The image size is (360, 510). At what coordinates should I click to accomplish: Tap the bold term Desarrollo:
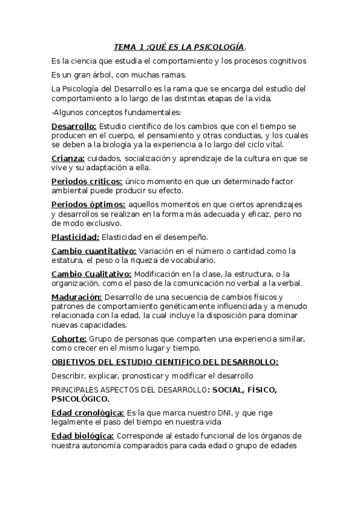pyautogui.click(x=74, y=126)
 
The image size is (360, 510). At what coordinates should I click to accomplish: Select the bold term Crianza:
pyautogui.click(x=68, y=158)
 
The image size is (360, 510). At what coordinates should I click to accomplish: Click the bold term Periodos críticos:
pyautogui.click(x=87, y=181)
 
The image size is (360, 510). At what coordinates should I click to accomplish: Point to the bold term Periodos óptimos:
pyautogui.click(x=88, y=204)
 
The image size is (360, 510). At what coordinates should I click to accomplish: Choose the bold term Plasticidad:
pyautogui.click(x=75, y=237)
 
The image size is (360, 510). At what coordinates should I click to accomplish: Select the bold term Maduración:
pyautogui.click(x=77, y=296)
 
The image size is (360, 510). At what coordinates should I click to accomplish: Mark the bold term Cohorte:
pyautogui.click(x=69, y=339)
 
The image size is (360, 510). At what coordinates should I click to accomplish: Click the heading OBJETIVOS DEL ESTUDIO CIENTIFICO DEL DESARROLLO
pyautogui.click(x=165, y=361)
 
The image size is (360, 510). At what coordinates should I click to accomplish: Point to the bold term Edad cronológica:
pyautogui.click(x=88, y=413)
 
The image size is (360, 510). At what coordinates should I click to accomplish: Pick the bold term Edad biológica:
pyautogui.click(x=83, y=435)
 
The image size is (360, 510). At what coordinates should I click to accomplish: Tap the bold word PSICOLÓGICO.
pyautogui.click(x=80, y=399)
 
